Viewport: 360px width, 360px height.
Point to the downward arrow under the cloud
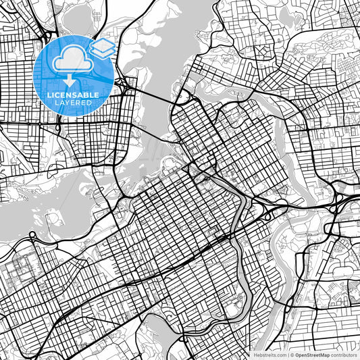tap(69, 80)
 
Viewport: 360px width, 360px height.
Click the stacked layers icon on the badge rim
tap(102, 48)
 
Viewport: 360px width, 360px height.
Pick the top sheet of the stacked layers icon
tap(102, 44)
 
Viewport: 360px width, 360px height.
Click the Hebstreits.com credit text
tap(269, 355)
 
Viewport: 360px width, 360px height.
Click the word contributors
tap(344, 355)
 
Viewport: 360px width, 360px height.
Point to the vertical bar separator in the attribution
tap(288, 355)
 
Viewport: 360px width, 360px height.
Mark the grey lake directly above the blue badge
tap(78, 17)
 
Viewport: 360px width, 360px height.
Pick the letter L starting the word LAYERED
tap(54, 102)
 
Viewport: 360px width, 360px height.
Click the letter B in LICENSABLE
tap(86, 95)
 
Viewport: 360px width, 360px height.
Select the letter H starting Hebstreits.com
tap(255, 355)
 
